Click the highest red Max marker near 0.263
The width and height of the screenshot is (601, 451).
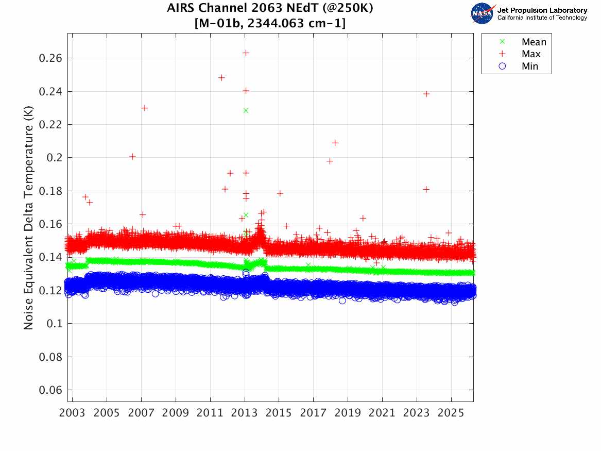point(246,53)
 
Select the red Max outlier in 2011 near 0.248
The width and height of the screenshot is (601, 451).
point(221,78)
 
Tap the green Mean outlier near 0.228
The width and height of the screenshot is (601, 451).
point(246,110)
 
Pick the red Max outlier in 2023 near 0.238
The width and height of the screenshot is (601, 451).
point(426,94)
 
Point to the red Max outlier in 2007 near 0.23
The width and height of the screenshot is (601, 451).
point(145,108)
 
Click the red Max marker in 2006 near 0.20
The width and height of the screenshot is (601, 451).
point(132,157)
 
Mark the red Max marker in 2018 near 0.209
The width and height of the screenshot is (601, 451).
point(335,143)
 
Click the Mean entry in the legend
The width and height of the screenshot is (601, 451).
point(534,42)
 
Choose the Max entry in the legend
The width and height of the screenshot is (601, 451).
point(531,54)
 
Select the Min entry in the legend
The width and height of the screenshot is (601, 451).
point(530,66)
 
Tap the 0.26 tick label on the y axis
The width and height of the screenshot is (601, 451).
point(50,58)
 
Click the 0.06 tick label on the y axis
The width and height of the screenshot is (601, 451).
point(50,390)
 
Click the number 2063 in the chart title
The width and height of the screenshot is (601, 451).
point(263,9)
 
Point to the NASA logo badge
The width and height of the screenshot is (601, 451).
point(483,13)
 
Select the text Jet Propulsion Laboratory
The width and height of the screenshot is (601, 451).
point(542,10)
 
